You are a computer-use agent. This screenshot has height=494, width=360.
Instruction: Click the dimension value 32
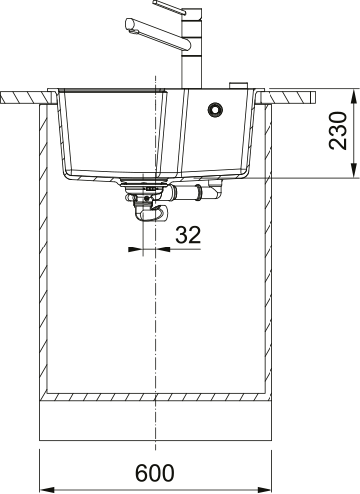(x=189, y=235)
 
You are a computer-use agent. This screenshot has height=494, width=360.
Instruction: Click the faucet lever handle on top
(x=189, y=9)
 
